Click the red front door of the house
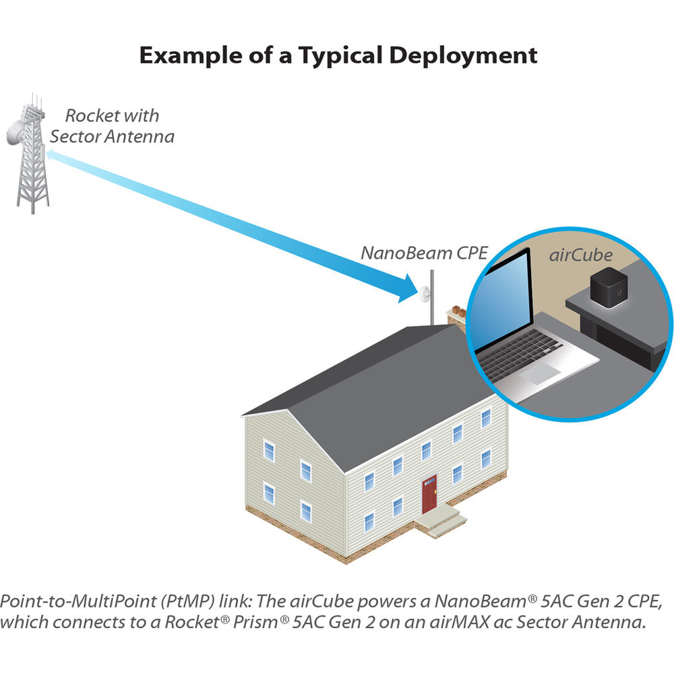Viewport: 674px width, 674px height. [429, 494]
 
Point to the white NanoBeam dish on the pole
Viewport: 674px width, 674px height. [425, 294]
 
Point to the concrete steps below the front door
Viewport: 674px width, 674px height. [442, 522]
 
